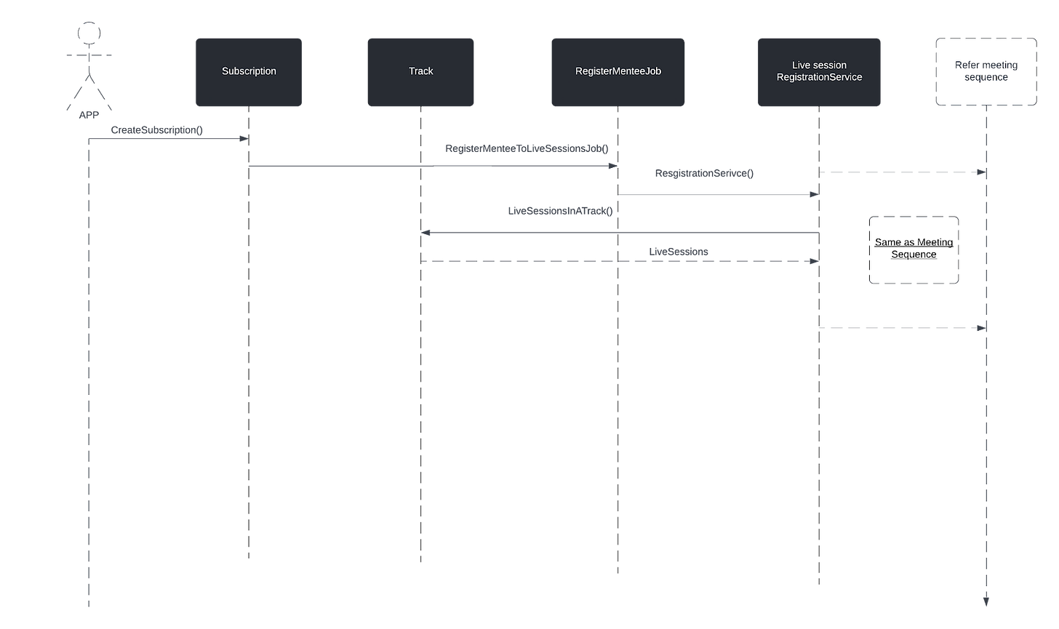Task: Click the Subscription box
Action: pos(249,72)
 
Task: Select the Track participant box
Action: pos(420,72)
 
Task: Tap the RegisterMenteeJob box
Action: pos(618,72)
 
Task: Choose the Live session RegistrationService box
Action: pos(819,72)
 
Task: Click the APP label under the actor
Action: pos(89,115)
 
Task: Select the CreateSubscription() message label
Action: pos(157,130)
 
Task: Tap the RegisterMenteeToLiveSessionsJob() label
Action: pos(527,148)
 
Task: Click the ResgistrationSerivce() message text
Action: pos(704,174)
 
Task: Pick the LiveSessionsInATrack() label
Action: pos(560,211)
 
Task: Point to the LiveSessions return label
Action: pos(679,252)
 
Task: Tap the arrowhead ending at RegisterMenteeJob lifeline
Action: pos(613,166)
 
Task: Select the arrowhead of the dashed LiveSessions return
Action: pos(815,261)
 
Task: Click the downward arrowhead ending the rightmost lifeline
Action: pos(986,602)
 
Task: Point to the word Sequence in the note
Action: pos(914,255)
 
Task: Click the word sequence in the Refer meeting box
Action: pos(986,78)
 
